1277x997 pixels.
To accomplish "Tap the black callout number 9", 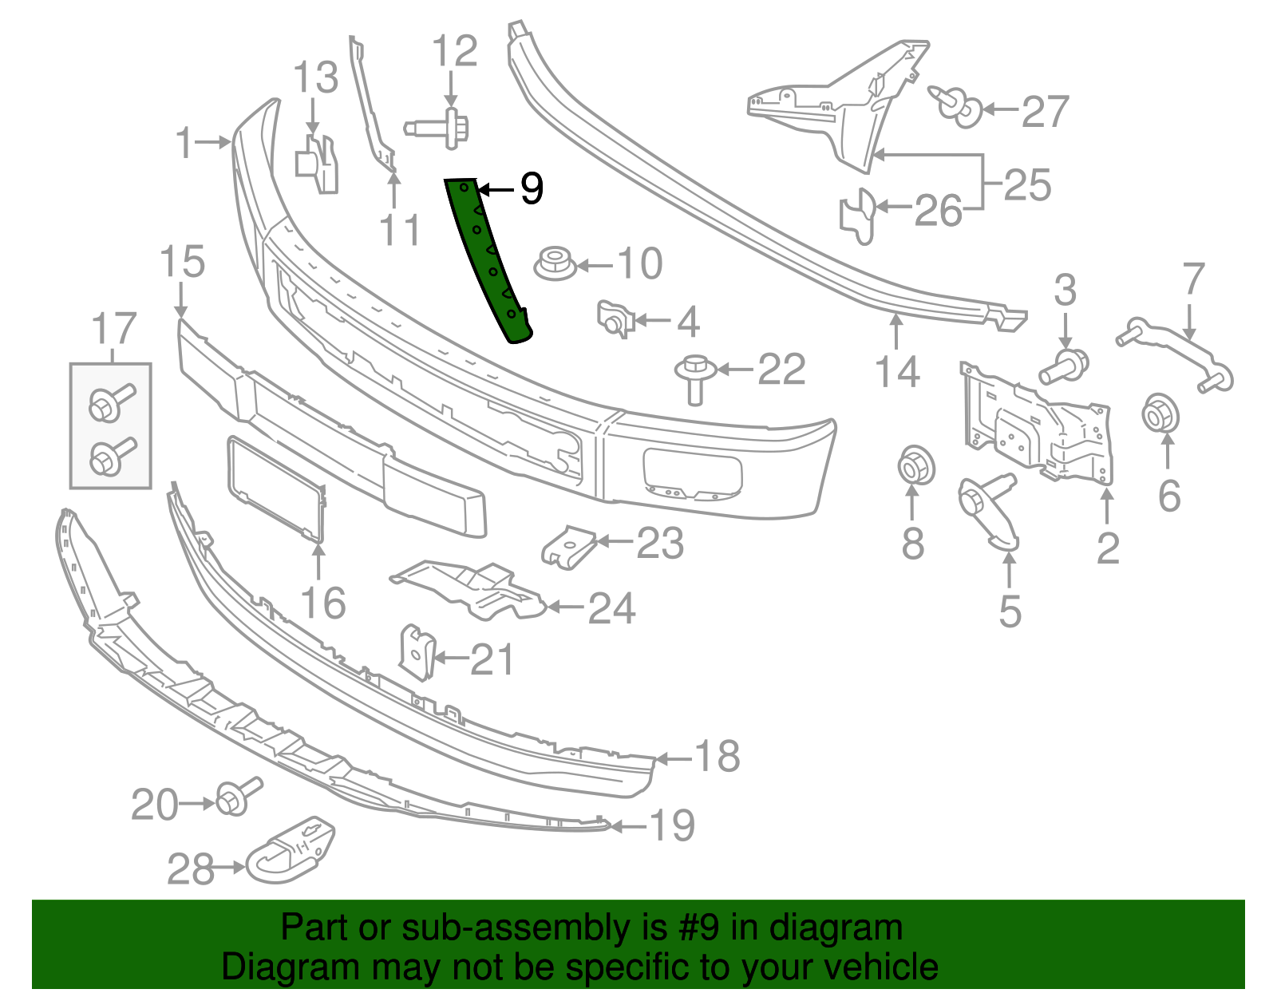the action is (532, 189).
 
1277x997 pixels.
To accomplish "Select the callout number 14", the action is (897, 372).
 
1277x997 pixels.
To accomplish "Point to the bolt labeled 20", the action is (236, 797).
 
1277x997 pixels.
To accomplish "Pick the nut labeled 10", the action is (555, 263).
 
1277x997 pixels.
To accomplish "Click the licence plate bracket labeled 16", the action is (276, 488).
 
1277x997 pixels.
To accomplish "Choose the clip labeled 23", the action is (569, 547).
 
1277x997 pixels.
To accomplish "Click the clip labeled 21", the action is (417, 651).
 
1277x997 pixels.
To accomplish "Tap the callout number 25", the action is (1027, 185).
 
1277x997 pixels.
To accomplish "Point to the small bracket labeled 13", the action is (318, 164).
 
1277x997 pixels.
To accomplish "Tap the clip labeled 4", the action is (615, 318).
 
